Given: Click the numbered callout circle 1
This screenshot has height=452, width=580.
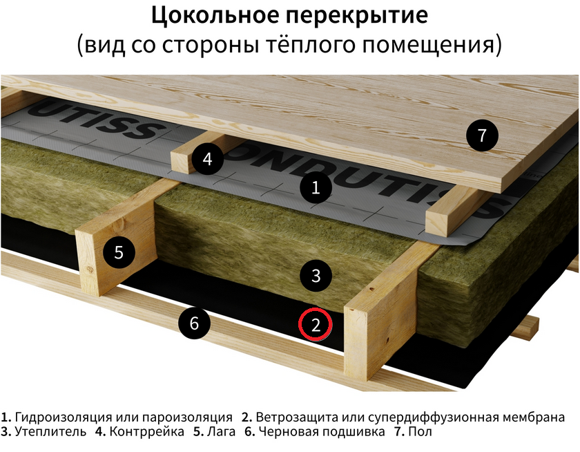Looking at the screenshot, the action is click(316, 188).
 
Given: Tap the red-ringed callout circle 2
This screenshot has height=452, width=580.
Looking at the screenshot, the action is click(316, 325).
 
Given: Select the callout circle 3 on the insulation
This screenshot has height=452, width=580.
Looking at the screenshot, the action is click(316, 276).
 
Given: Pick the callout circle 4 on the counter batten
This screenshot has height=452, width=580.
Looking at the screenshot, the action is click(208, 159).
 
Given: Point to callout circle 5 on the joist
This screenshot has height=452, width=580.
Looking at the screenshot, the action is click(119, 252).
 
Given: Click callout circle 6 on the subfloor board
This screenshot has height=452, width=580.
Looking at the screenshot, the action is click(195, 323).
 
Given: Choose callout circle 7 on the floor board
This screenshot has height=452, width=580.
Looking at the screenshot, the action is click(482, 135).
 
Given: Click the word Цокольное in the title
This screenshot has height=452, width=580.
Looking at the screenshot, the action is click(215, 15).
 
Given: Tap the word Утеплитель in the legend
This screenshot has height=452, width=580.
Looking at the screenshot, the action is click(50, 432).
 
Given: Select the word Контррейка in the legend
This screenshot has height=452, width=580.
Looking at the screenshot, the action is click(147, 432).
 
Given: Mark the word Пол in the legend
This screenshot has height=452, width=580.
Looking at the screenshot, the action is click(420, 432).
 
